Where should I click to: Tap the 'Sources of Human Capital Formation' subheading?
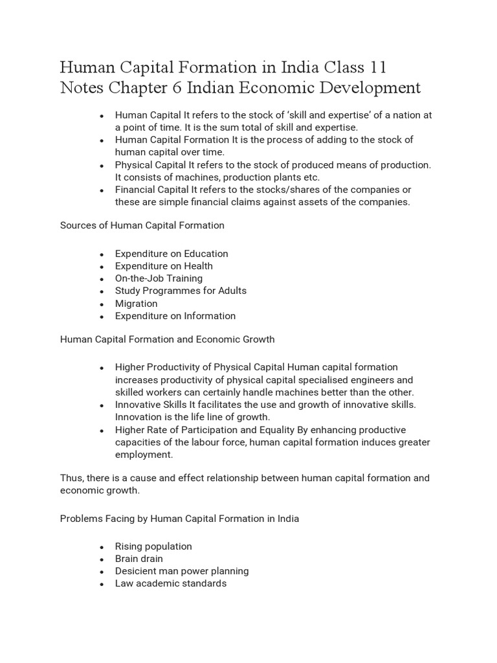click(142, 225)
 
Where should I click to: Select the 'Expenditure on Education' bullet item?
click(171, 253)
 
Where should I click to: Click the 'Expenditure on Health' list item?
click(164, 265)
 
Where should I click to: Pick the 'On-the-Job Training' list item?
click(159, 278)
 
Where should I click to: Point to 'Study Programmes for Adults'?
click(181, 291)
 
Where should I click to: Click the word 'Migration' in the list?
click(136, 303)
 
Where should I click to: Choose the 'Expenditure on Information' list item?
click(175, 316)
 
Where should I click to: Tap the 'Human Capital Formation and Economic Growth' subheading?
click(167, 339)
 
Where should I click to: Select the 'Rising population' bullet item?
click(153, 546)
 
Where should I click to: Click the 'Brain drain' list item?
click(139, 559)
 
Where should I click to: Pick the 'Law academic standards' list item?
click(171, 583)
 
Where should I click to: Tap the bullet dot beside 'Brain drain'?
click(102, 559)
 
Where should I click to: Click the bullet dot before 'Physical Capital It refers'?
click(102, 166)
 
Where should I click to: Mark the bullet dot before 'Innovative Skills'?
click(102, 405)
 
